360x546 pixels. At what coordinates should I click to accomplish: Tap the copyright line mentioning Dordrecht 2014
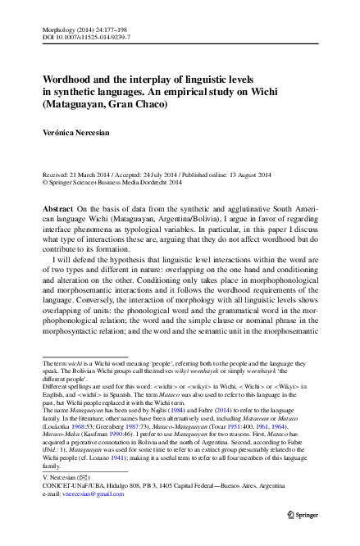pyautogui.click(x=112, y=184)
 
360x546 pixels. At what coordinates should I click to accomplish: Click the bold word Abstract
pyautogui.click(x=58, y=210)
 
